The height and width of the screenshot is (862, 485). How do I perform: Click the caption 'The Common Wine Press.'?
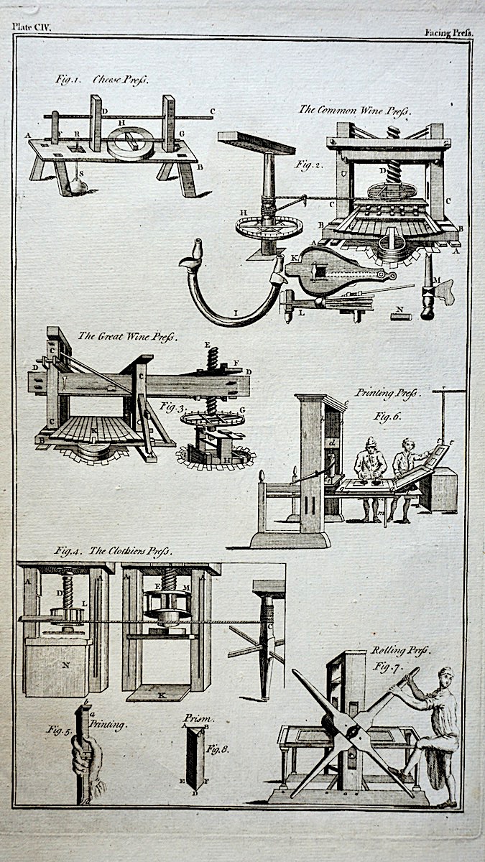(354, 110)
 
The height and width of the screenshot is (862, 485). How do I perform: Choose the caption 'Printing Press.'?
(388, 394)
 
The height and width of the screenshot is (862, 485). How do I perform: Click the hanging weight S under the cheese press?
(77, 186)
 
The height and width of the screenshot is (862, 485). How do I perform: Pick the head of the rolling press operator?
(446, 676)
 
